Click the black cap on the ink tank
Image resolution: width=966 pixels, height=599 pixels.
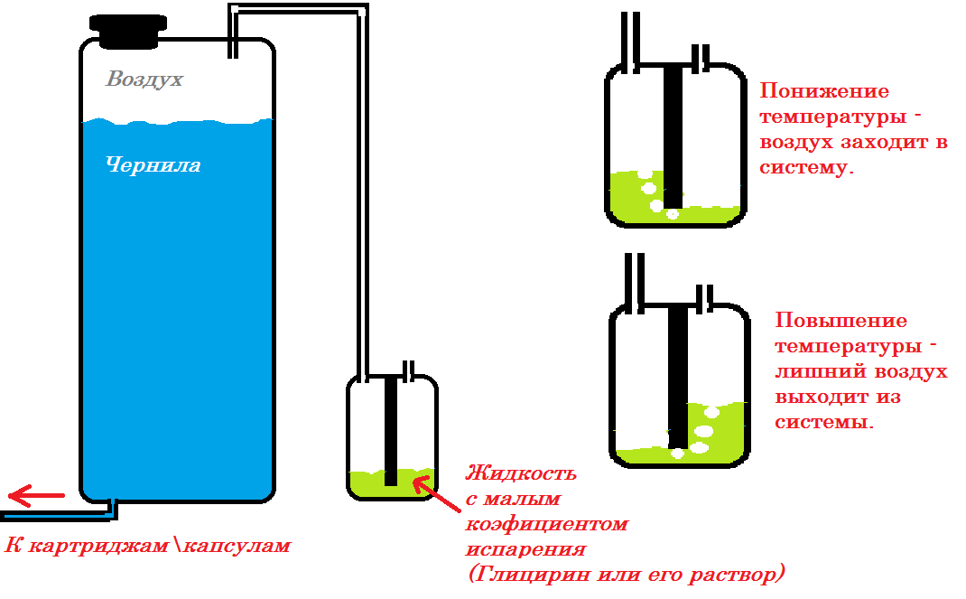click(128, 31)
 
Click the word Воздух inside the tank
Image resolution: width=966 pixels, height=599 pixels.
click(144, 79)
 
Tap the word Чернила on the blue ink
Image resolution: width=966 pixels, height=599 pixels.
click(153, 164)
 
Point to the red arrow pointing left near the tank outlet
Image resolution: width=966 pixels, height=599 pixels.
click(36, 495)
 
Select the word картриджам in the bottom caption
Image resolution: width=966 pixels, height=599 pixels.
click(98, 546)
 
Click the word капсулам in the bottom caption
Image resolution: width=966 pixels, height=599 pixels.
click(237, 546)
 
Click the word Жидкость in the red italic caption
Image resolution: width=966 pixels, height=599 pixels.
click(521, 473)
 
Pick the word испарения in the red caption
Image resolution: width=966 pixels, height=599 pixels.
click(525, 549)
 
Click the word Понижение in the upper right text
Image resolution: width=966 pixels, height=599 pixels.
click(824, 91)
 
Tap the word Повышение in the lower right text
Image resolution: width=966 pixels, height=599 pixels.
click(841, 321)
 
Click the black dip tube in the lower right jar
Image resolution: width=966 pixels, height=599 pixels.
click(678, 378)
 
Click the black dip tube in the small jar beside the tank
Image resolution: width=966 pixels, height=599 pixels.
click(391, 430)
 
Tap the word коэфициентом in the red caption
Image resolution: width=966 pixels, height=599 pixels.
click(547, 524)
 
